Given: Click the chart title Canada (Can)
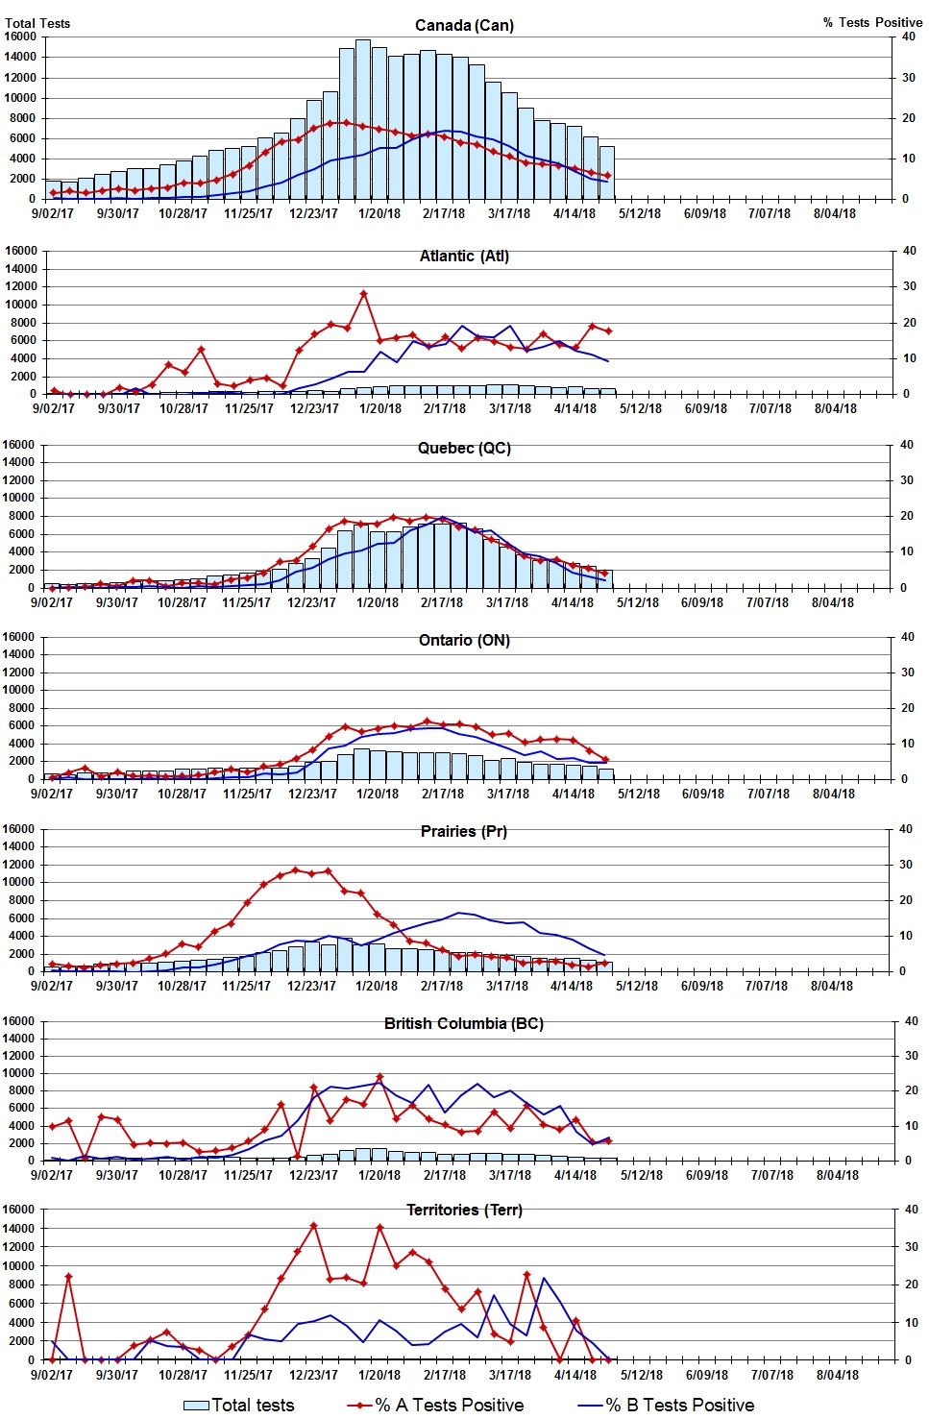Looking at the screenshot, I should point(464,25).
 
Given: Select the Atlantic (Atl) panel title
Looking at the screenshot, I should point(464,256).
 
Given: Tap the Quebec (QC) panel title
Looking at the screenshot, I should point(464,448).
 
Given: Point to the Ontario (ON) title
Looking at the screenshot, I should point(464,640).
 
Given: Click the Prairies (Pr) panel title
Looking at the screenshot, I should point(464,831).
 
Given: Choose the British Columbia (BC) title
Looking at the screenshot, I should point(464,1023).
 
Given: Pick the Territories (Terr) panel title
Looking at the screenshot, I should point(464,1210).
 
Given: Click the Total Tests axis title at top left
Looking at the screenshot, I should point(37,23).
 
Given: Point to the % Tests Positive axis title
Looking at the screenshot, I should point(872,22).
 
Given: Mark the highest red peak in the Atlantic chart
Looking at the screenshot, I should point(363,294).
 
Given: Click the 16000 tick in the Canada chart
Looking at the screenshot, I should point(20,37).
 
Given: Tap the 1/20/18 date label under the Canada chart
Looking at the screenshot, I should point(379,213).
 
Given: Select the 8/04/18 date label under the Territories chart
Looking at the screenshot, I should point(837,1375).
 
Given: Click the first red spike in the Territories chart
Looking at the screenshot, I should point(68,1277).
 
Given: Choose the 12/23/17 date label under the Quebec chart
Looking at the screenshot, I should point(311,602).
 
